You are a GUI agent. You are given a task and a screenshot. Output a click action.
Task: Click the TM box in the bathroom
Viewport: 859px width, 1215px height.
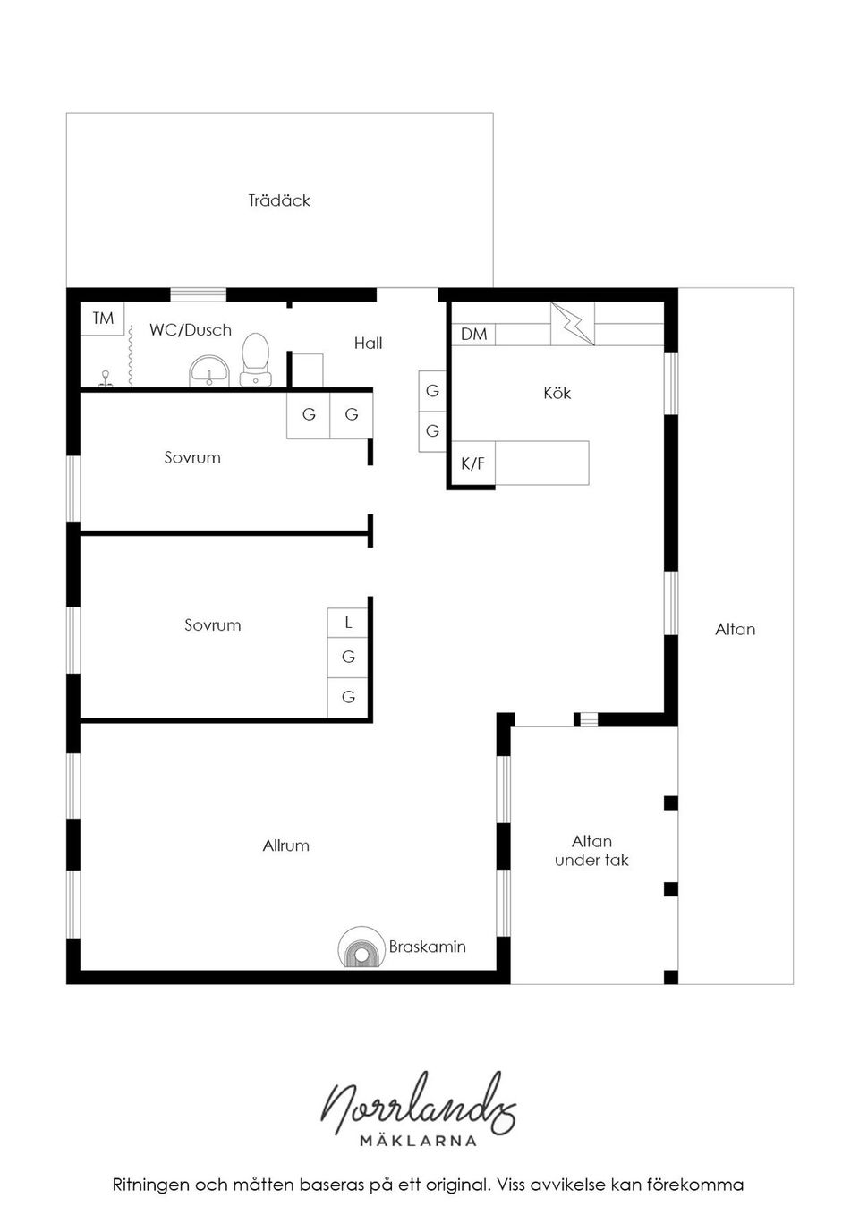tap(103, 319)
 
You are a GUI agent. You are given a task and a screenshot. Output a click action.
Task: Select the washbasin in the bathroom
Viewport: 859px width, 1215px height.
tap(210, 370)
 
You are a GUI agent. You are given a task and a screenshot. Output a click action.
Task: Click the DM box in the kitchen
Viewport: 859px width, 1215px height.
tap(473, 334)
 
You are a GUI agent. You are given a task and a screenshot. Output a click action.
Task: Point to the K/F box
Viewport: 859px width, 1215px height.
tap(472, 463)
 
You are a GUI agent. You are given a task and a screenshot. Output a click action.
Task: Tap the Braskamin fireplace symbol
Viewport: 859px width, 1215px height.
tap(359, 947)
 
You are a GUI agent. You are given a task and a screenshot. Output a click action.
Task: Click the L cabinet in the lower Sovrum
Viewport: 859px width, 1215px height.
tap(348, 622)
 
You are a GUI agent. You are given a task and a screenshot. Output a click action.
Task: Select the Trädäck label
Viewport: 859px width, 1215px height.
tap(279, 200)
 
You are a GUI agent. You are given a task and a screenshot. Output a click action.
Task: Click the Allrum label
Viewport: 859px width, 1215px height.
tap(286, 845)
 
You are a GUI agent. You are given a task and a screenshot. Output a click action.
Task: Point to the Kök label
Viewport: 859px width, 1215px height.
tap(557, 393)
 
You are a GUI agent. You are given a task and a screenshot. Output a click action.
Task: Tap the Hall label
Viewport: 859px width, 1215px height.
tap(368, 343)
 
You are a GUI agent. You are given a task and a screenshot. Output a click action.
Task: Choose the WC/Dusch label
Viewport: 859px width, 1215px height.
tap(191, 330)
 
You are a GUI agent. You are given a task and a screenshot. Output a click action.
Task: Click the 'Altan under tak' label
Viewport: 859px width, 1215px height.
tap(591, 851)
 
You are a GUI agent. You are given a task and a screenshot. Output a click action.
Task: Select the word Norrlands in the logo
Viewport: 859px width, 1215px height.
tap(419, 1104)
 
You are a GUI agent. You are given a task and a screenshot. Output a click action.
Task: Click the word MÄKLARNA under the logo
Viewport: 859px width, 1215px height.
tap(418, 1141)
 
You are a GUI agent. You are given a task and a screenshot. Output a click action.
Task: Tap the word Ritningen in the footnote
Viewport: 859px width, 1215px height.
tap(151, 1185)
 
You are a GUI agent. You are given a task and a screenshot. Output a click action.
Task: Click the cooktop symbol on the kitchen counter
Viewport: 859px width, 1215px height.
tap(573, 323)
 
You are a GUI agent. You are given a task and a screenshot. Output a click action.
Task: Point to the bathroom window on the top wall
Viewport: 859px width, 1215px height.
tap(198, 293)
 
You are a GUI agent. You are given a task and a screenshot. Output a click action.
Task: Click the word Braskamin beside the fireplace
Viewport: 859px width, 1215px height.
tap(428, 947)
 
